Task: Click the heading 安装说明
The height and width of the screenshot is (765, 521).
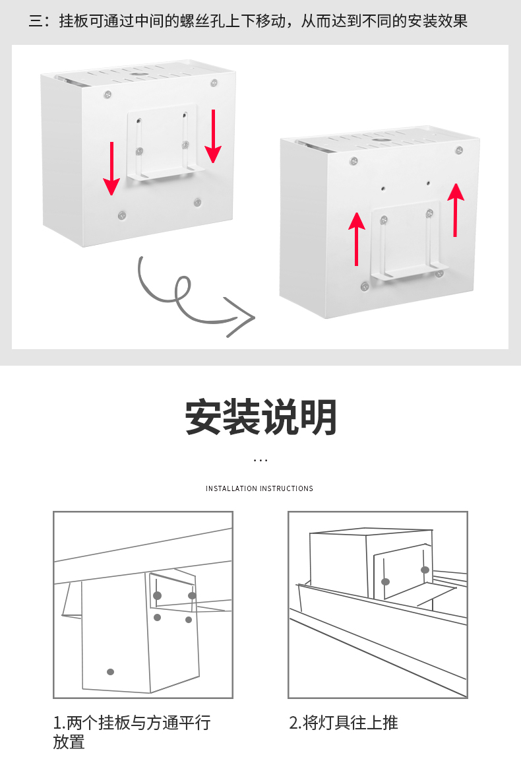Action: coord(260,417)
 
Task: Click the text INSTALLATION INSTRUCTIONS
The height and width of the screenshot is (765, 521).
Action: coord(259,488)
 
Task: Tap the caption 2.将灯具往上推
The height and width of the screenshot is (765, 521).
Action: coord(344,722)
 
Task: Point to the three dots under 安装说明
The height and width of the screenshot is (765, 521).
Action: coord(260,460)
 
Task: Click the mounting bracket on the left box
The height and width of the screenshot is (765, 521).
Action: coord(162,142)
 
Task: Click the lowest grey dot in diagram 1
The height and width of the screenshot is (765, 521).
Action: coord(110,671)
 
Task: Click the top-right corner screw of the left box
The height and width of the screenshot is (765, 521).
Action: coord(214,83)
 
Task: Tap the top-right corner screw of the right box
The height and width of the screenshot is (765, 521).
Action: coord(459,150)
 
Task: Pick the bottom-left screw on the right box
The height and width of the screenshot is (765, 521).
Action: coord(364,286)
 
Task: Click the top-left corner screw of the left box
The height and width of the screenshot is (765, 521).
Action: coord(107,95)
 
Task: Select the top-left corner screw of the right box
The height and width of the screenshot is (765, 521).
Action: coord(354,161)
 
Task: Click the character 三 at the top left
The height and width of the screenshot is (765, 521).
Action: coord(36,21)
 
